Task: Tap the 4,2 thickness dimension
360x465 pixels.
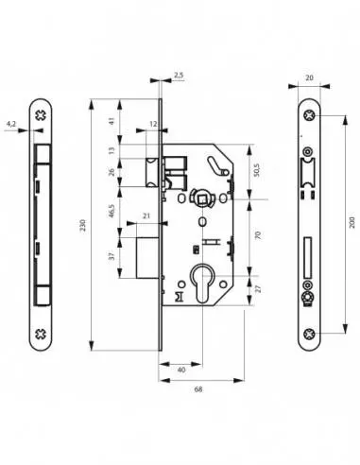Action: [x=10, y=122]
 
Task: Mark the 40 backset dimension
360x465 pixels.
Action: [x=180, y=370]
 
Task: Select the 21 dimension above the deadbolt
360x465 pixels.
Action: [x=146, y=216]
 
